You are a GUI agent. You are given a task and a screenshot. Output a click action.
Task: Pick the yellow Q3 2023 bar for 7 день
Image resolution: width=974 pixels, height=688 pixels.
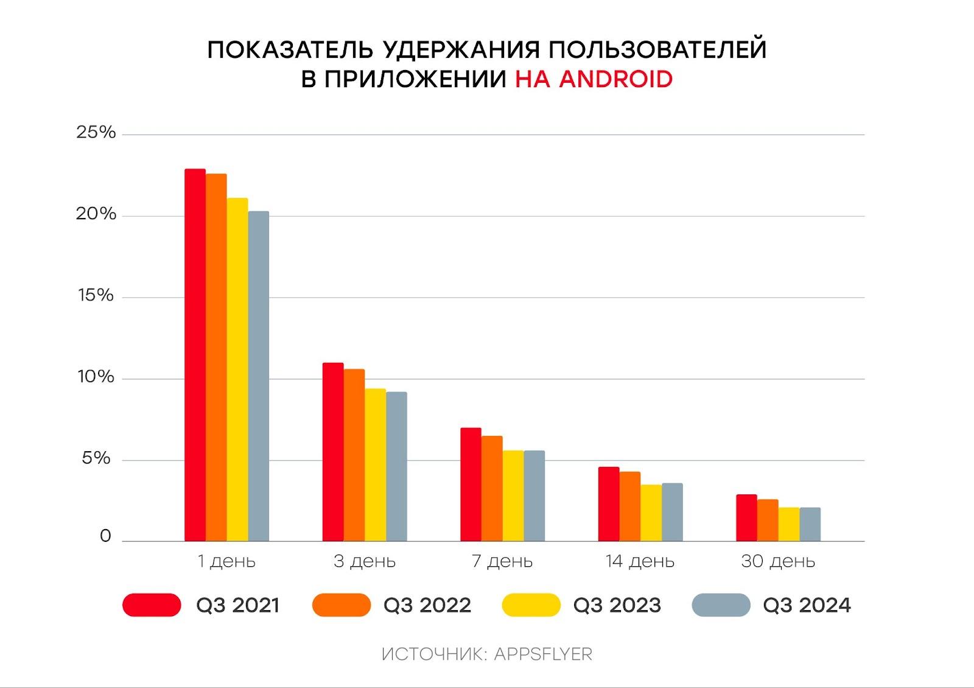[x=513, y=496]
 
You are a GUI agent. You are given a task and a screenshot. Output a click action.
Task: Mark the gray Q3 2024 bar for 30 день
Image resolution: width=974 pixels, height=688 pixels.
[x=810, y=524]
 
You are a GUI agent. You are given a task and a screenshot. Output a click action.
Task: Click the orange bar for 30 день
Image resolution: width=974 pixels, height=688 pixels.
[x=768, y=521]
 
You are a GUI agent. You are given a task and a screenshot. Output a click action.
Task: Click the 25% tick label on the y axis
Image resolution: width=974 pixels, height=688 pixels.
[x=96, y=133]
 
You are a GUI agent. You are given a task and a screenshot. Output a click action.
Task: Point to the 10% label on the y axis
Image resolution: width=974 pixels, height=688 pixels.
[x=96, y=377]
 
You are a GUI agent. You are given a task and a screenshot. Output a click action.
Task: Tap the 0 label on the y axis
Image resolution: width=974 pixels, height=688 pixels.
[x=105, y=536]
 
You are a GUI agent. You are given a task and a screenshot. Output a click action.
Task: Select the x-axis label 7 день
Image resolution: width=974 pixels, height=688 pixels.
[x=502, y=561]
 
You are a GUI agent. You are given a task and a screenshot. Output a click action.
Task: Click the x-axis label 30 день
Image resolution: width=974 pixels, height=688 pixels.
[x=778, y=561]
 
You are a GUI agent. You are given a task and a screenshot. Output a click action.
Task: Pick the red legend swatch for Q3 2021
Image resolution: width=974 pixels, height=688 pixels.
[x=152, y=605]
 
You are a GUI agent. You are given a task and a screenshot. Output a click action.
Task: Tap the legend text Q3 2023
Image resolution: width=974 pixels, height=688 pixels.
[x=617, y=605]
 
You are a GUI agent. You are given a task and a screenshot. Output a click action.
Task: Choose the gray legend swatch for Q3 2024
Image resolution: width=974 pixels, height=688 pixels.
[x=721, y=605]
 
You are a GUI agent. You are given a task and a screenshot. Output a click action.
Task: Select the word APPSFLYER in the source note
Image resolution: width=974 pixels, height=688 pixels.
[x=543, y=655]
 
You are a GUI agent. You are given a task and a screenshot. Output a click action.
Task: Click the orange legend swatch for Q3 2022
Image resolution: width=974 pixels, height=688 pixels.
[x=342, y=605]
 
